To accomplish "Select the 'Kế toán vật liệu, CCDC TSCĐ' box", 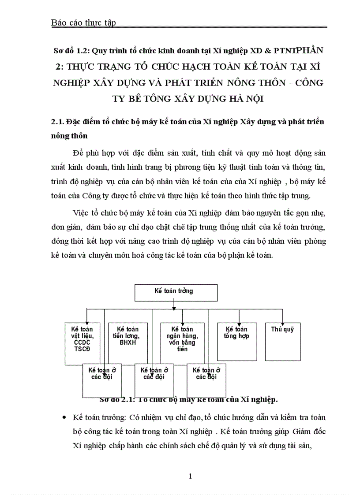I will click(x=82, y=339).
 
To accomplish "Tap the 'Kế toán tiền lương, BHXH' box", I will click(x=128, y=337).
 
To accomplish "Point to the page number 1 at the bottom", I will click(x=190, y=476).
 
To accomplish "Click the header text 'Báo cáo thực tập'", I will click(x=83, y=23).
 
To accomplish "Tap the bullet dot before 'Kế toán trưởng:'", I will click(x=65, y=417).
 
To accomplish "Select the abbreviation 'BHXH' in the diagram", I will click(x=128, y=342).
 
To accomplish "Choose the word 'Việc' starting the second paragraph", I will click(x=81, y=213).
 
